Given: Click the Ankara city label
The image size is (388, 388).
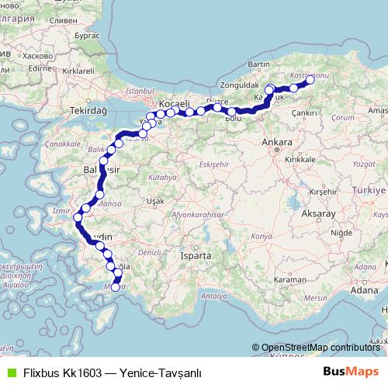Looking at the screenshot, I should coord(277,143).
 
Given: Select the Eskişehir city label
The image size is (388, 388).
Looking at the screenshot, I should coord(217,165).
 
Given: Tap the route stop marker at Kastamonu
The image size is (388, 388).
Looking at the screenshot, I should coord(310,79).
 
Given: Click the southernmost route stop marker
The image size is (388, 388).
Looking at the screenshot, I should coord(115,288).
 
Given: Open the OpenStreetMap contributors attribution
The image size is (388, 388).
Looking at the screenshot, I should coord(320,347).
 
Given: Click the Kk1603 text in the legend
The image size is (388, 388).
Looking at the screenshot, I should coord(83,372).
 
